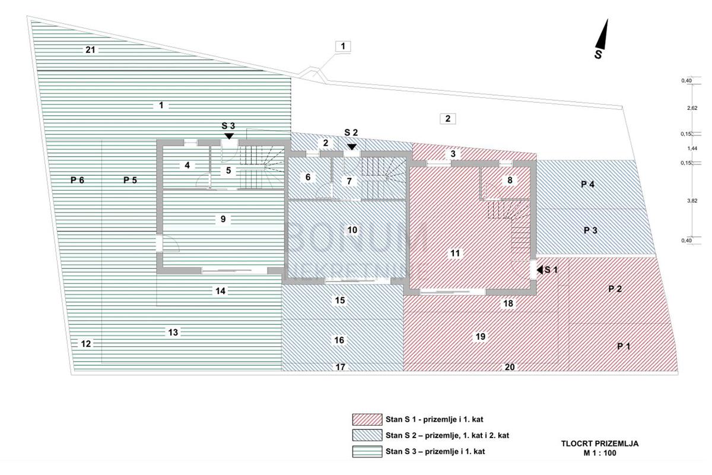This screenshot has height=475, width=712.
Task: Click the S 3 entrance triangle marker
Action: tap(229, 136)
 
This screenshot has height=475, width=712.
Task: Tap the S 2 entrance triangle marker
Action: tap(352, 146)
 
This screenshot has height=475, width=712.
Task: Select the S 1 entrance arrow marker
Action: tap(539, 270)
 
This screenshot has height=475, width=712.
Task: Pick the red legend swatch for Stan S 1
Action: tap(365, 419)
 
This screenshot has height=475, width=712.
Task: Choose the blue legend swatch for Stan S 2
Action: tap(365, 435)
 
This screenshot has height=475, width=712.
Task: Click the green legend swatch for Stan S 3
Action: tap(365, 451)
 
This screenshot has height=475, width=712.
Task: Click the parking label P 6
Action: tap(77, 180)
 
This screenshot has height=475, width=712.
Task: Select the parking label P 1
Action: tap(623, 347)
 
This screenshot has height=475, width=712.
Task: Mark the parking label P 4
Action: tap(588, 185)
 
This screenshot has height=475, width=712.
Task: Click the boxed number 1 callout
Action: tap(343, 46)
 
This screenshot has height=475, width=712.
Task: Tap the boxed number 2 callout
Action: tap(449, 118)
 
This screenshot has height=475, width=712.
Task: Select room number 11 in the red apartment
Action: tap(455, 253)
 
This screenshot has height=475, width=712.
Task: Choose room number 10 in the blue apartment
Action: tap(352, 229)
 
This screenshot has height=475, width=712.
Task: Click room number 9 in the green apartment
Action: tap(223, 218)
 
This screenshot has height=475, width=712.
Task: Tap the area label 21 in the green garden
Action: tap(90, 50)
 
